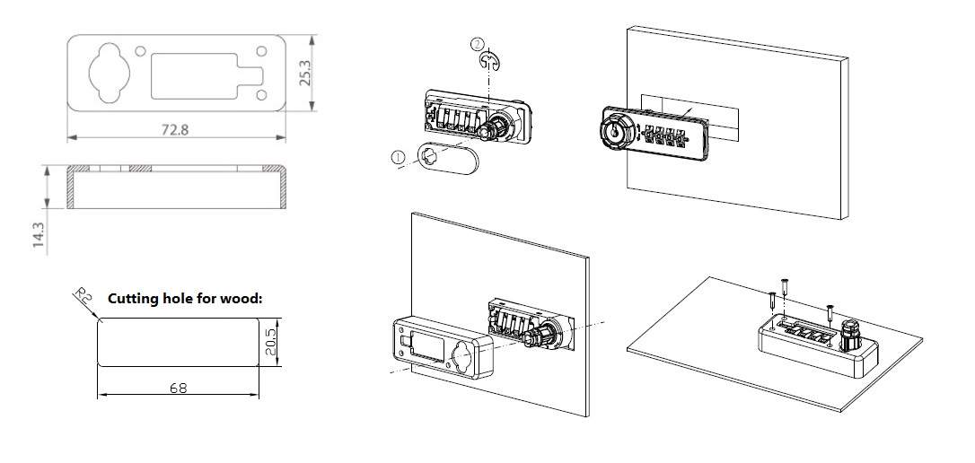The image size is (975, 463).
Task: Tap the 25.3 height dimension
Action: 305,73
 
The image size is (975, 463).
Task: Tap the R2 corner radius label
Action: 81,297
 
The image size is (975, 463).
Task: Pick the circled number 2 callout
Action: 477,44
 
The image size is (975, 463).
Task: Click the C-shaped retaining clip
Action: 487,61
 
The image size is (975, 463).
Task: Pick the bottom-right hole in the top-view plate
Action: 261,94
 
